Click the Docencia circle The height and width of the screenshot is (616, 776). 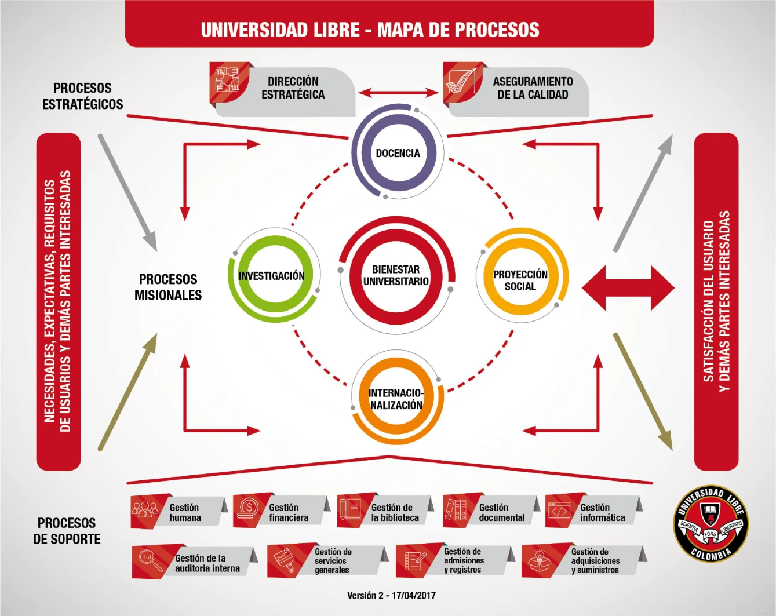coord(398,153)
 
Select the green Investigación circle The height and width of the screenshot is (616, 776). coord(272,276)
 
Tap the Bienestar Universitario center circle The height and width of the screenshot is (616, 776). coord(396,275)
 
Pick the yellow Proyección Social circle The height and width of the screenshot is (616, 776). coord(520,280)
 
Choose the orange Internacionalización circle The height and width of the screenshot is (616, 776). coord(397,399)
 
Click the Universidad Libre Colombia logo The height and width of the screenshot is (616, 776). coord(709,523)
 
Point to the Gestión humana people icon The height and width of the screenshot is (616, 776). coord(145,511)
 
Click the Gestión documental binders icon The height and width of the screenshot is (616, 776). coord(457,511)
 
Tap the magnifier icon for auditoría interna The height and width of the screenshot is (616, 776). coord(150,561)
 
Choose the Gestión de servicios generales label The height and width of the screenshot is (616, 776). coord(333,561)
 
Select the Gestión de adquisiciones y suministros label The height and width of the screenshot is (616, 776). coord(595,561)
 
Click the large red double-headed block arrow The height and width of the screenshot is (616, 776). coord(628,287)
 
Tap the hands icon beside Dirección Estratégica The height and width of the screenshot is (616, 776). coord(228,82)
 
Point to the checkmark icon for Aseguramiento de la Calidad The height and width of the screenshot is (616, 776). coord(461,82)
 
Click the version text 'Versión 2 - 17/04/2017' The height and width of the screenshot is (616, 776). coord(391,595)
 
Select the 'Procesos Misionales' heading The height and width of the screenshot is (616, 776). coord(168,287)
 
